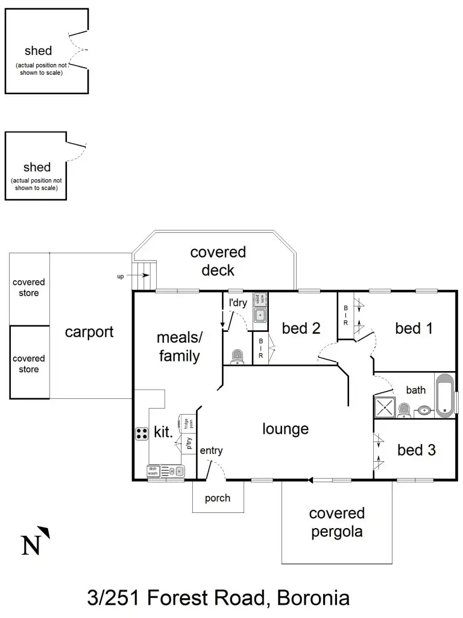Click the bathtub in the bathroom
coord(444,396)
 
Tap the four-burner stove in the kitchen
coord(142,433)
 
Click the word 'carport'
coord(89,331)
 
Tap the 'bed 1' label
coord(414,328)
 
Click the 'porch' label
coord(217,498)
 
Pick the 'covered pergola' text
coord(336,523)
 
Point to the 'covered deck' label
coord(218,261)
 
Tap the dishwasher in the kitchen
coord(153,471)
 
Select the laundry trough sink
coord(260,314)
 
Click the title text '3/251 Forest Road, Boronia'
coord(218,598)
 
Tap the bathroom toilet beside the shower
coord(403,410)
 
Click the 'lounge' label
coord(285,429)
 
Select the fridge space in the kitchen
coord(186,422)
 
